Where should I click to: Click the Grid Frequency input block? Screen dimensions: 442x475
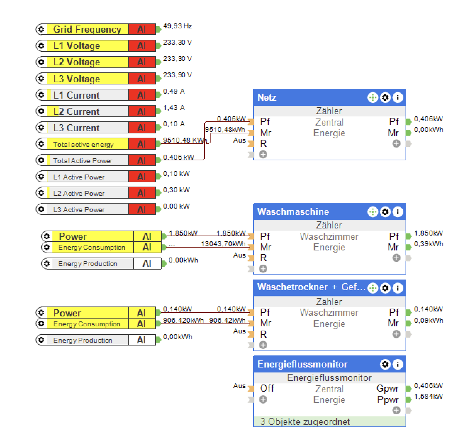pyautogui.click(x=87, y=29)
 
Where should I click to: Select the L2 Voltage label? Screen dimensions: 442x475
pyautogui.click(x=77, y=62)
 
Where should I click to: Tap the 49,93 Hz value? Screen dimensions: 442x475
pyautogui.click(x=177, y=26)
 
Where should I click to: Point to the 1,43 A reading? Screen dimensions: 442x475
pyautogui.click(x=174, y=108)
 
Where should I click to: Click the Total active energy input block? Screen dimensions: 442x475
pyautogui.click(x=83, y=144)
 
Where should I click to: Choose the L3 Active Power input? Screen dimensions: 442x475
pyautogui.click(x=79, y=210)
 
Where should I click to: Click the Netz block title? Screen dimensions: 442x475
pyautogui.click(x=267, y=98)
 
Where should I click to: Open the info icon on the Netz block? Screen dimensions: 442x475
pyautogui.click(x=398, y=98)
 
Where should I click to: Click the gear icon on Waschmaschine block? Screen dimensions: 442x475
pyautogui.click(x=385, y=212)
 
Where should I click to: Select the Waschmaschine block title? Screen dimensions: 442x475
pyautogui.click(x=293, y=212)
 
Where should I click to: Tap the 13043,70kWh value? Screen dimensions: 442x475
pyautogui.click(x=223, y=244)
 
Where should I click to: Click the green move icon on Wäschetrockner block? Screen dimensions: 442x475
pyautogui.click(x=373, y=288)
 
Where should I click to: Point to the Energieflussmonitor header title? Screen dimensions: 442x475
pyautogui.click(x=302, y=364)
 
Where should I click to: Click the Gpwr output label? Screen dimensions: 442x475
pyautogui.click(x=387, y=388)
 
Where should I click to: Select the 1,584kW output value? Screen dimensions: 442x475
pyautogui.click(x=428, y=397)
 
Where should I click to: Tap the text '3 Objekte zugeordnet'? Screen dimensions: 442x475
pyautogui.click(x=305, y=421)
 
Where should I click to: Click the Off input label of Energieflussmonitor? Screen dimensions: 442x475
pyautogui.click(x=267, y=388)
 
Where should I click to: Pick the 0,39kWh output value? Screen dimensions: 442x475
pyautogui.click(x=428, y=244)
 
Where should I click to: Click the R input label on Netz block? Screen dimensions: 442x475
pyautogui.click(x=263, y=144)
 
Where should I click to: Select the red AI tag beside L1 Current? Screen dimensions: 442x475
pyautogui.click(x=142, y=95)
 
